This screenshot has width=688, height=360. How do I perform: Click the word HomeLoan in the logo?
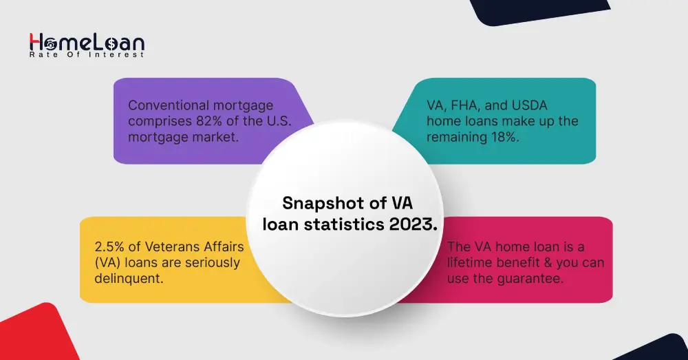point(87,43)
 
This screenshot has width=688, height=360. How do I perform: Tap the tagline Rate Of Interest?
point(87,55)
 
